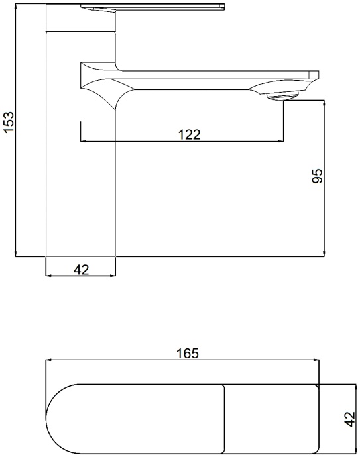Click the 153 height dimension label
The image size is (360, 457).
9,122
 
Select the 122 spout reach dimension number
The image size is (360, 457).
190,134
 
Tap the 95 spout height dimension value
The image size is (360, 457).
318,176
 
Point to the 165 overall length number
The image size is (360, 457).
188,353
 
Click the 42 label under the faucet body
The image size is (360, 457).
81,270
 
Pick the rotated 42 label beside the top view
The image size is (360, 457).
349,419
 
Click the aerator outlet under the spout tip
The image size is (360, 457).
282,96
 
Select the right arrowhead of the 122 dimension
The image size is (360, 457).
280,141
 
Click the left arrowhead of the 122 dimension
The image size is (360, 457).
84,141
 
